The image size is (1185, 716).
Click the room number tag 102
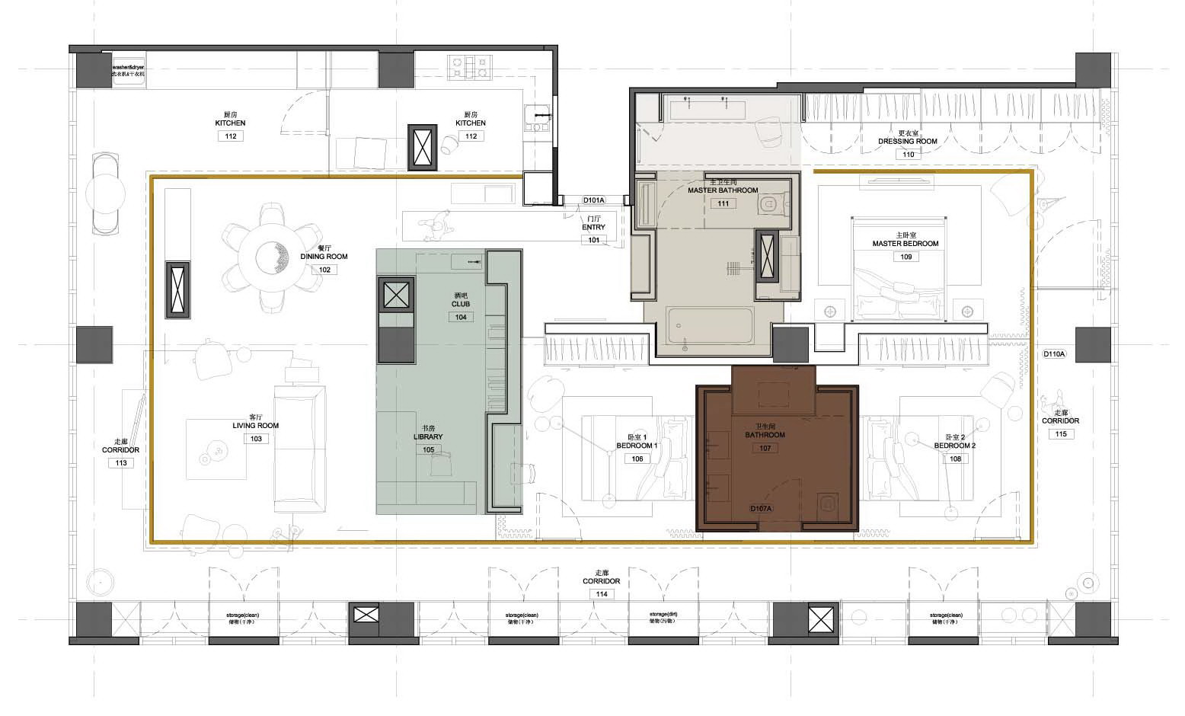click(x=324, y=270)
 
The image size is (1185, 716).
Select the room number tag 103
click(x=256, y=439)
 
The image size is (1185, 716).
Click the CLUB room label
click(x=461, y=304)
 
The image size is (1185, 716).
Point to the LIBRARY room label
click(x=428, y=437)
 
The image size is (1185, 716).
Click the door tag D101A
click(x=593, y=200)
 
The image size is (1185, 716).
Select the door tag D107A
click(x=761, y=509)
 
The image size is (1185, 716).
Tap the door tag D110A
click(x=1055, y=354)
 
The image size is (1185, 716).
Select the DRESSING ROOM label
click(x=907, y=142)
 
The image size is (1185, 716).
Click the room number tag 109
click(x=906, y=257)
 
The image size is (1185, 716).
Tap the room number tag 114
click(x=602, y=594)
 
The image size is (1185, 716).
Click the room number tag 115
click(x=1061, y=434)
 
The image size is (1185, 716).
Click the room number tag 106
click(x=637, y=459)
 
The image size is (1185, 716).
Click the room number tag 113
click(x=120, y=462)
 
